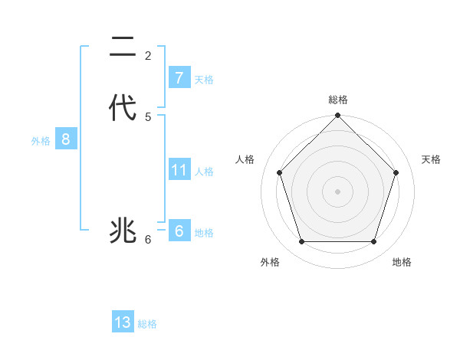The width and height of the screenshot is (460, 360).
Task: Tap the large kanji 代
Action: [123, 108]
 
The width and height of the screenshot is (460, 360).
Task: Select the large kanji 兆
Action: [123, 230]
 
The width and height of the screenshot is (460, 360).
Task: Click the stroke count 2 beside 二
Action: [148, 56]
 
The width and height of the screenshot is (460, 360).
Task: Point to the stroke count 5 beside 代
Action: [148, 117]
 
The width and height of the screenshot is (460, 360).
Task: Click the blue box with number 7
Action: [179, 78]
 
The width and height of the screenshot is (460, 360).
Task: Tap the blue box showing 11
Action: [179, 169]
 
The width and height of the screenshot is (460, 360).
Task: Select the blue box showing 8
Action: [66, 139]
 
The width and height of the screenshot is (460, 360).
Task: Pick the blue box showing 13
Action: [123, 322]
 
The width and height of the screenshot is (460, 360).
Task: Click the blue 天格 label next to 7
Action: [204, 80]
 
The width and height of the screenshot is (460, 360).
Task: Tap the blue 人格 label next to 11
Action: [204, 172]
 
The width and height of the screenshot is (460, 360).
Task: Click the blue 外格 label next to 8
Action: [41, 141]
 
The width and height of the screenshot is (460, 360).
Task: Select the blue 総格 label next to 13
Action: [147, 324]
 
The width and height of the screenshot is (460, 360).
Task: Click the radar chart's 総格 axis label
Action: [338, 100]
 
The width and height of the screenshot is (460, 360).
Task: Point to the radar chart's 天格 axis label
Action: [432, 159]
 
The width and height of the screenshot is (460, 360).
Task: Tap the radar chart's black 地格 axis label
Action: [402, 262]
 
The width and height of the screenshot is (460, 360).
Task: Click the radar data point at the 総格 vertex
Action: [338, 116]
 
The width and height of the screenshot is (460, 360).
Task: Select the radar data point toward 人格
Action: [280, 172]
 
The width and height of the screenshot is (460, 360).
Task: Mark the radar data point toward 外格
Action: [302, 242]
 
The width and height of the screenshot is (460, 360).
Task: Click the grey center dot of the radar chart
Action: [338, 191]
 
